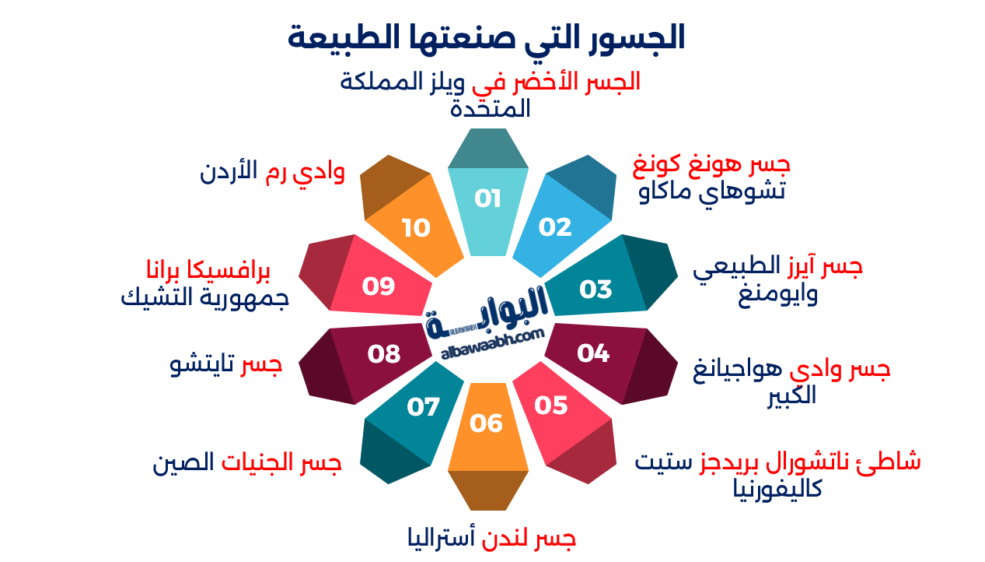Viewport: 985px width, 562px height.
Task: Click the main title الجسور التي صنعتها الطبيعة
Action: point(487,37)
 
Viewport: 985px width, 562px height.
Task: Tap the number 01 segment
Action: point(487,199)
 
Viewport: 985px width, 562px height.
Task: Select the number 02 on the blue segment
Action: point(555,227)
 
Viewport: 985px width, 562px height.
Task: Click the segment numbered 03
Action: point(596,289)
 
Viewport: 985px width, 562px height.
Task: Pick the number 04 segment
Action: point(593,353)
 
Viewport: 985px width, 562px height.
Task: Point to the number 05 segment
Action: point(551,406)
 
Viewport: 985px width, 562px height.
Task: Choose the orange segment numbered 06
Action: point(487,423)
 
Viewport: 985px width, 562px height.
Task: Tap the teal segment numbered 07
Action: point(423,406)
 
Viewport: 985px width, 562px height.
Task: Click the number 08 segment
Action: point(383,354)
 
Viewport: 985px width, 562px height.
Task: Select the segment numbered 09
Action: point(379,286)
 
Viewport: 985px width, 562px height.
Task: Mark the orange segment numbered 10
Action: point(416,228)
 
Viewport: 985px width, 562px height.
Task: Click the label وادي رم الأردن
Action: point(272,172)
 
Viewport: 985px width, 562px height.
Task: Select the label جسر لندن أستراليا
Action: point(491,537)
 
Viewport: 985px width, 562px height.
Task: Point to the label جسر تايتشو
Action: point(225,364)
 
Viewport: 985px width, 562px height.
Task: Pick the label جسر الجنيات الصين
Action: point(247,463)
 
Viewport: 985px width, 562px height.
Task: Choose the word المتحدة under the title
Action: point(491,108)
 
